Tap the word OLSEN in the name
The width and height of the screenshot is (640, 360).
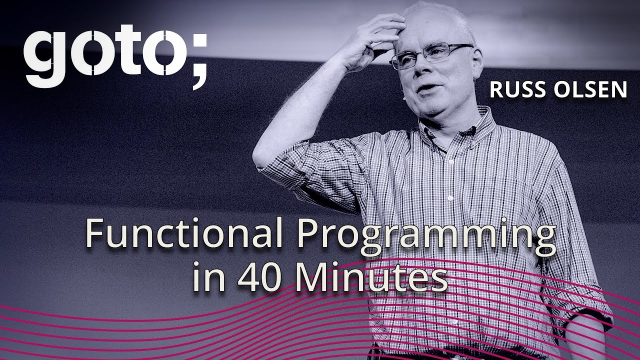click(x=590, y=89)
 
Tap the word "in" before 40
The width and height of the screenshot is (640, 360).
click(x=209, y=276)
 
